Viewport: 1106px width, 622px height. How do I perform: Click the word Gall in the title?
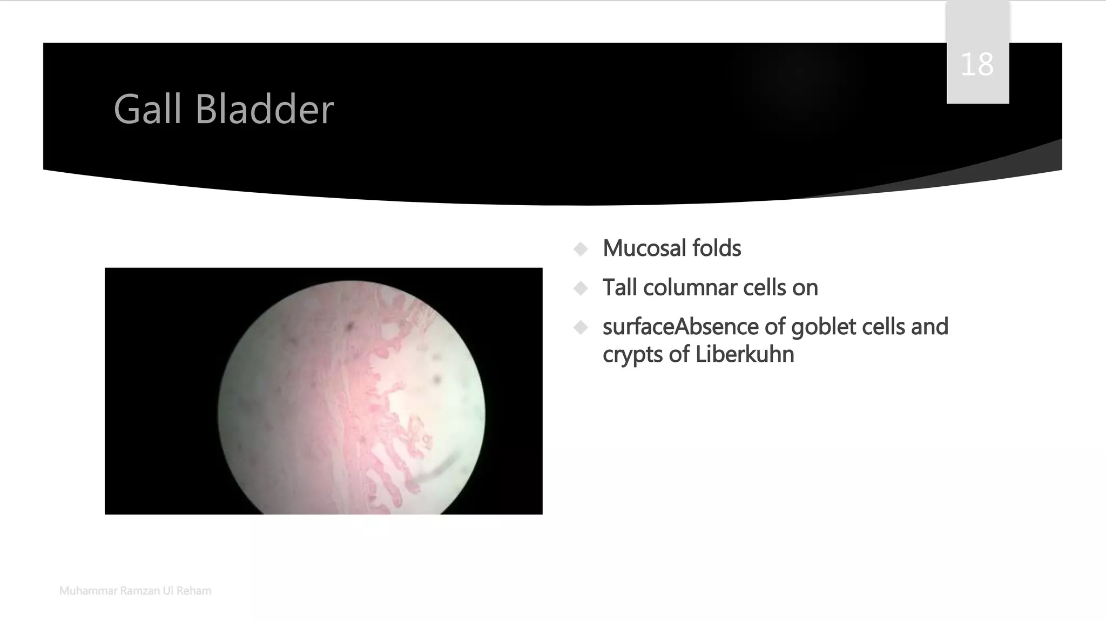(x=147, y=110)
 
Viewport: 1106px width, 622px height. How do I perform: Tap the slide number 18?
(x=977, y=65)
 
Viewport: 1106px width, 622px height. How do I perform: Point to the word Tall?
(x=619, y=288)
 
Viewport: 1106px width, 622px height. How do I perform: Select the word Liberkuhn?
(x=745, y=355)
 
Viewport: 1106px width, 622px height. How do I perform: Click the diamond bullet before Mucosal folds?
(x=581, y=249)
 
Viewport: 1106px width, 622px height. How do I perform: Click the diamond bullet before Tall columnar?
(x=581, y=288)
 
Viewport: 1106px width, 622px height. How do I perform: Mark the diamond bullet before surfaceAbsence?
(x=581, y=327)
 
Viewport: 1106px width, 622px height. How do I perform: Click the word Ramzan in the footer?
(x=140, y=591)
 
